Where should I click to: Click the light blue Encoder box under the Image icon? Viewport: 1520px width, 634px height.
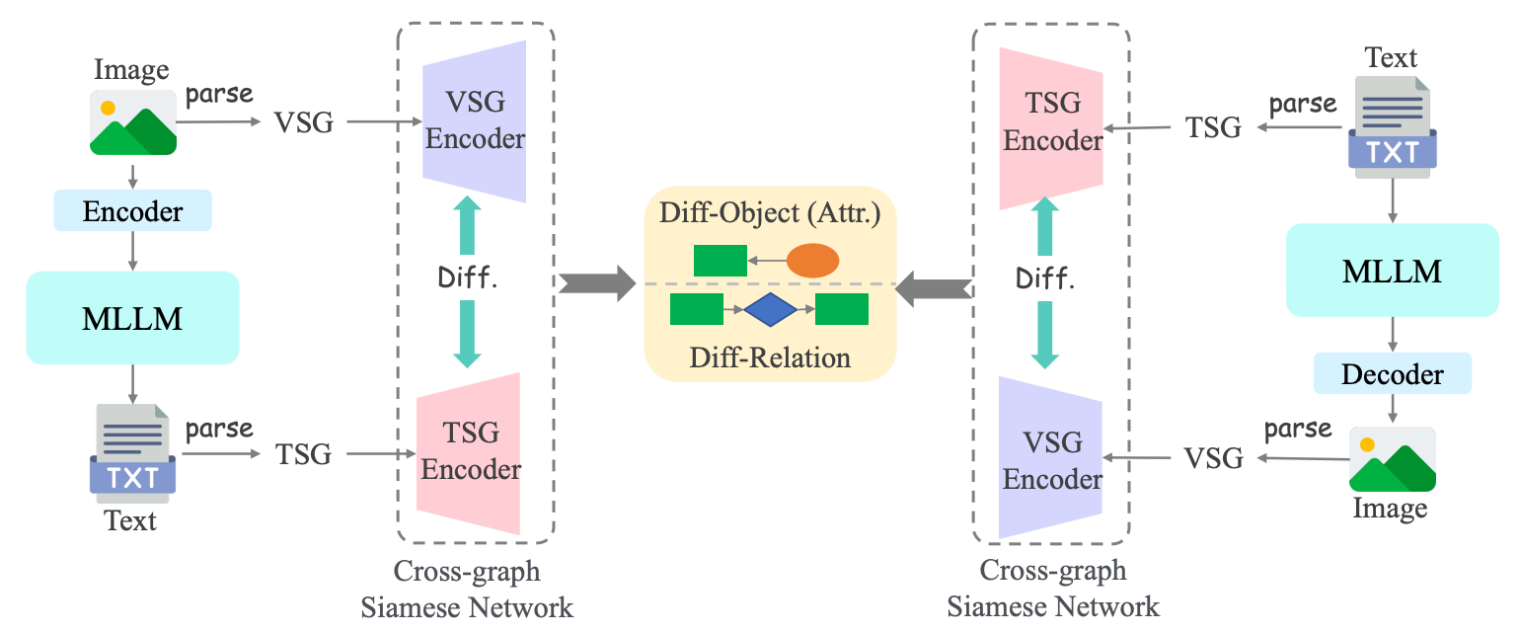[132, 210]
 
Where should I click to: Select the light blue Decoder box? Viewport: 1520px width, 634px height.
[1392, 374]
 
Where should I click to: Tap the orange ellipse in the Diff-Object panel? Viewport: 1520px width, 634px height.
[812, 261]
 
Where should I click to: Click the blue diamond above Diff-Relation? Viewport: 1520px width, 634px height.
[770, 310]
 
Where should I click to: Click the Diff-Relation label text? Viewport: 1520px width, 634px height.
[769, 357]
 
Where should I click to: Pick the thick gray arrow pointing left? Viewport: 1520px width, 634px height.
[934, 288]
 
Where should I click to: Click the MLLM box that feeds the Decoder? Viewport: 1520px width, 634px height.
[1392, 271]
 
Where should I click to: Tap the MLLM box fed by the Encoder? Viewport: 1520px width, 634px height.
[132, 318]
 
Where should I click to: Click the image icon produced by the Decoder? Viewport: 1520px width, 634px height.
[1392, 459]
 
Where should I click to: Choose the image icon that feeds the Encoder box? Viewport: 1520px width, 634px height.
[132, 122]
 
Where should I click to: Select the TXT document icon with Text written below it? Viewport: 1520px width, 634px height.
[132, 455]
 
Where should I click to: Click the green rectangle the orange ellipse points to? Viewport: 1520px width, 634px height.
[720, 261]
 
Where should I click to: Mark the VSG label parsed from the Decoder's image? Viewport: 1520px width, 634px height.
[1213, 458]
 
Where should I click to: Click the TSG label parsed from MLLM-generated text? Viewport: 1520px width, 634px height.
[304, 454]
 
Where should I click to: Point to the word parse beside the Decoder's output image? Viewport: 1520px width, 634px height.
[1297, 430]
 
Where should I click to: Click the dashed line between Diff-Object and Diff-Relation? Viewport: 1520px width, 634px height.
[770, 284]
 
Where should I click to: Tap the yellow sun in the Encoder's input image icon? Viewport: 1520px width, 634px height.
[108, 107]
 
